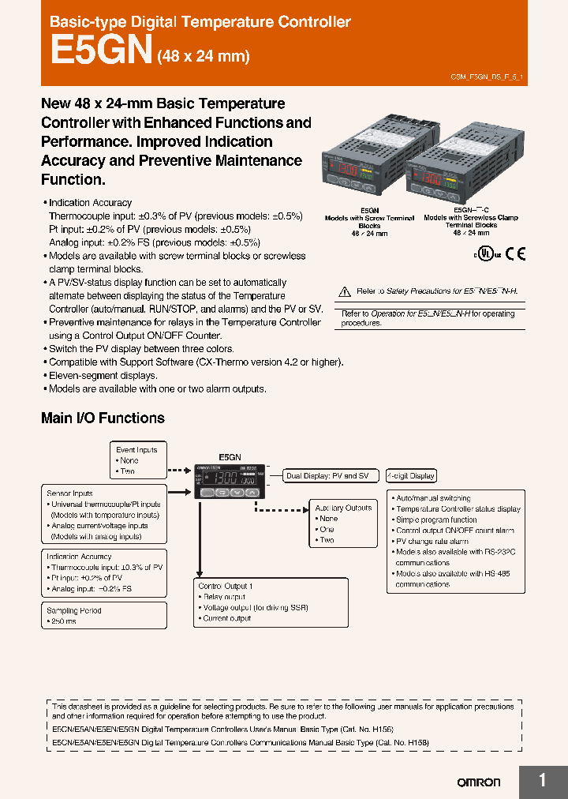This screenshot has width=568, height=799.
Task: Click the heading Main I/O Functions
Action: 103,418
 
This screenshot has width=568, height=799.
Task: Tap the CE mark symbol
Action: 514,253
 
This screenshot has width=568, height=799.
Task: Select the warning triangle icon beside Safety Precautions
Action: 343,291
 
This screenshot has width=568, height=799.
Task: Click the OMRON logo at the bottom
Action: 479,782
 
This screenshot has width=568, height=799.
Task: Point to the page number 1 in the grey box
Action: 543,780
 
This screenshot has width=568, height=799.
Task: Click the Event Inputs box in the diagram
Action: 136,450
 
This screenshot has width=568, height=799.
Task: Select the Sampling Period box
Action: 74,610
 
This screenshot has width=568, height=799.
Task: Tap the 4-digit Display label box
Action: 410,476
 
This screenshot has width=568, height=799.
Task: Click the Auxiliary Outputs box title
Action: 343,508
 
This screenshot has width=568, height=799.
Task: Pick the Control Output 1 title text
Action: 226,587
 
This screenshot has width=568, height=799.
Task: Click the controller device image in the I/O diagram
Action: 227,482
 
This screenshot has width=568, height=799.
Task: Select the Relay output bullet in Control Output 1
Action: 226,598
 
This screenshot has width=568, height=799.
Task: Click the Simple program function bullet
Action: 436,520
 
